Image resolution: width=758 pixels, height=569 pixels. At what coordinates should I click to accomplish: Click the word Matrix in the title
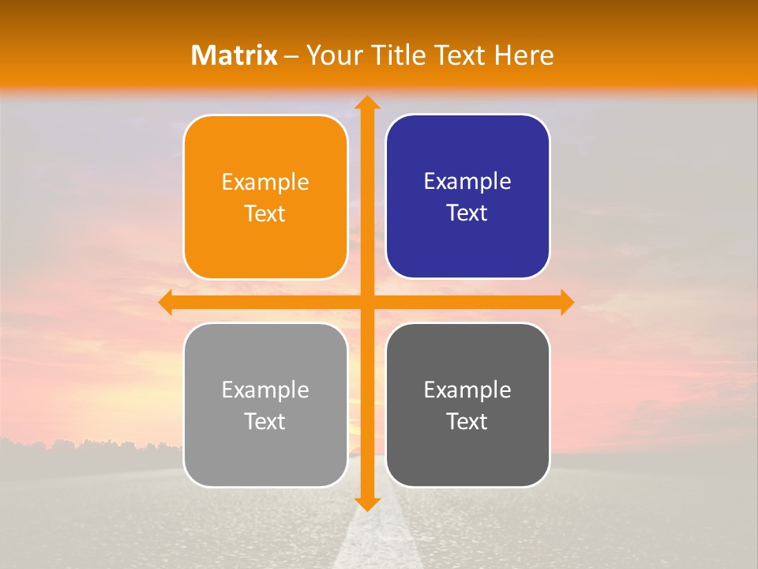tap(235, 55)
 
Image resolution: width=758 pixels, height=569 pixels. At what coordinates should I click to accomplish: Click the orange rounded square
tap(265, 198)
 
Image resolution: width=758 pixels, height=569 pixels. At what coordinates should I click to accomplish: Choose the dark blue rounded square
tap(467, 197)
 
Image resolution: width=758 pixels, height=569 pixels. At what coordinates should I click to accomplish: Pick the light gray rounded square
tap(265, 405)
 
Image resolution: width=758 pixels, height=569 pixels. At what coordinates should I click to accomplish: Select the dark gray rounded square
tap(467, 405)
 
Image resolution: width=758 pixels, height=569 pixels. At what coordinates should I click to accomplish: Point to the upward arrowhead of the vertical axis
tap(366, 103)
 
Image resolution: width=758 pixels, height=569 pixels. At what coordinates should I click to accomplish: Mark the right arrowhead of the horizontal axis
tap(566, 303)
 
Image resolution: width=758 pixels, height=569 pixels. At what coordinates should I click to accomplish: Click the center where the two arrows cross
tap(366, 303)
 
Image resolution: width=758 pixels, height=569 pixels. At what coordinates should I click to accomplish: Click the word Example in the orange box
tap(265, 183)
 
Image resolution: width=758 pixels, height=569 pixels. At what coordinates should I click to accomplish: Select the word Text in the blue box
tap(467, 213)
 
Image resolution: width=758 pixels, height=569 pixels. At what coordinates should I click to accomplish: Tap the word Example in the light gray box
tap(265, 390)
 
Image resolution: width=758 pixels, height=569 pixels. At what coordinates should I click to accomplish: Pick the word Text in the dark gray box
tap(467, 421)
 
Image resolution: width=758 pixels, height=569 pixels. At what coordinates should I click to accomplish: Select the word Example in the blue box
tap(467, 182)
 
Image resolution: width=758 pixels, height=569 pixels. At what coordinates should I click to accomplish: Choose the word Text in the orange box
tap(265, 214)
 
